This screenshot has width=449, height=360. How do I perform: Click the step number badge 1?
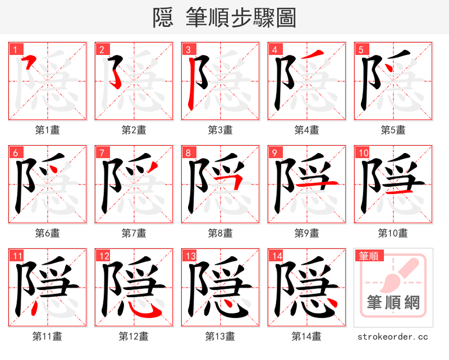click(x=13, y=49)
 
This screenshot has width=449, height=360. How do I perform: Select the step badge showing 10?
click(x=363, y=152)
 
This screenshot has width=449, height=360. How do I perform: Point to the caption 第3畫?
click(x=220, y=130)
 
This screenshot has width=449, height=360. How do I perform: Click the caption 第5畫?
click(x=393, y=130)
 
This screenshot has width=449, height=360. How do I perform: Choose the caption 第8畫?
click(x=220, y=233)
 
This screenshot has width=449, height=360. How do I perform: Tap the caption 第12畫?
click(x=134, y=336)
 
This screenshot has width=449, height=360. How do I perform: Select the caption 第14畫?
click(x=306, y=336)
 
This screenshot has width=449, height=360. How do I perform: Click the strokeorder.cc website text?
click(x=393, y=336)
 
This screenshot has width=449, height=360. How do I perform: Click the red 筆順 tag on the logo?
click(x=368, y=256)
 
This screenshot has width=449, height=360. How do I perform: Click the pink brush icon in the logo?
click(x=400, y=275)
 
